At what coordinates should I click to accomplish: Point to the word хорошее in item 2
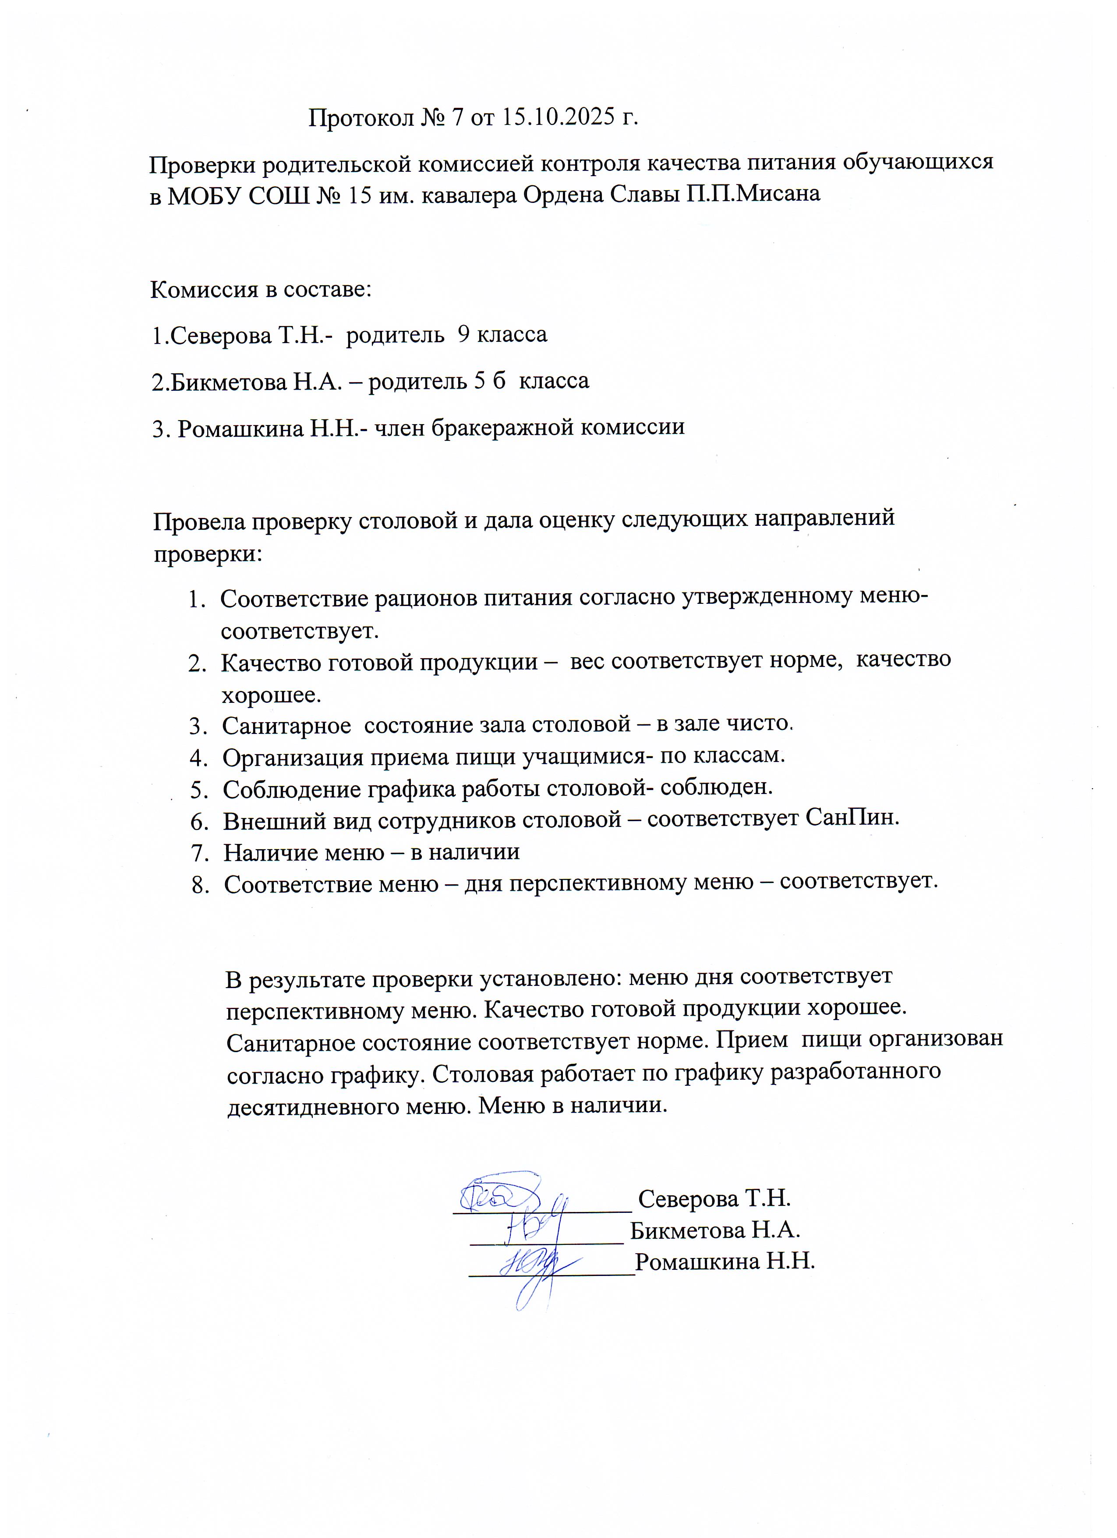271,695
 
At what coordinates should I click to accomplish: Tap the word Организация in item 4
293,757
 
